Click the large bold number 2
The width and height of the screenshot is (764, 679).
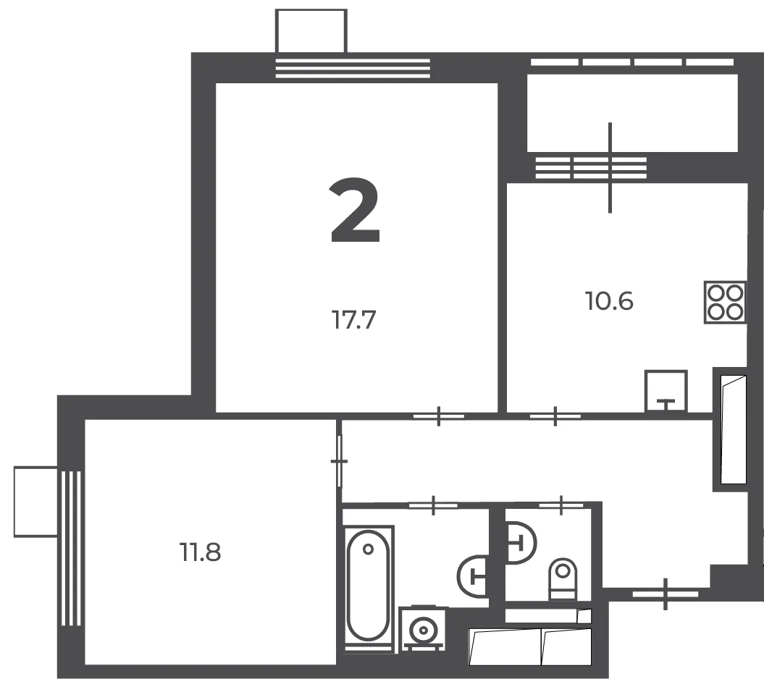[355, 210]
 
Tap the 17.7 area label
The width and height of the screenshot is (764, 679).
[353, 320]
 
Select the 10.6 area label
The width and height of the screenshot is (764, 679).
[609, 301]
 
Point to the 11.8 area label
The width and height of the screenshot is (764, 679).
[201, 552]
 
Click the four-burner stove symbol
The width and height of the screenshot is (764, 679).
[725, 303]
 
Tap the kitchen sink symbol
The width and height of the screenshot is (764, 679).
[666, 391]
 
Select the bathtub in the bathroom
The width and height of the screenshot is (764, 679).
[369, 589]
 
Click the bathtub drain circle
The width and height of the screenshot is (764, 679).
[369, 549]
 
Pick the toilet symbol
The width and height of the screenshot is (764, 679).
[563, 579]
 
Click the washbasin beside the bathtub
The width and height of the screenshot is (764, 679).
[473, 576]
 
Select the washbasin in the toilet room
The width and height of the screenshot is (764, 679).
[521, 543]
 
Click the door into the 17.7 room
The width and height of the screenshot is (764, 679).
[439, 416]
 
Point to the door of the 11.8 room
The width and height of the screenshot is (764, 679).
[339, 461]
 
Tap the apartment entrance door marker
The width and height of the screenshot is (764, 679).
[666, 594]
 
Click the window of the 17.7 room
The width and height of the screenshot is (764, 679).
[353, 68]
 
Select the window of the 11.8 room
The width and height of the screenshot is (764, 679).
[71, 549]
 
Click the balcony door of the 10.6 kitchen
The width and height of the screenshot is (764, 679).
[610, 167]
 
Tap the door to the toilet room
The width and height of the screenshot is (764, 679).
[561, 505]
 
